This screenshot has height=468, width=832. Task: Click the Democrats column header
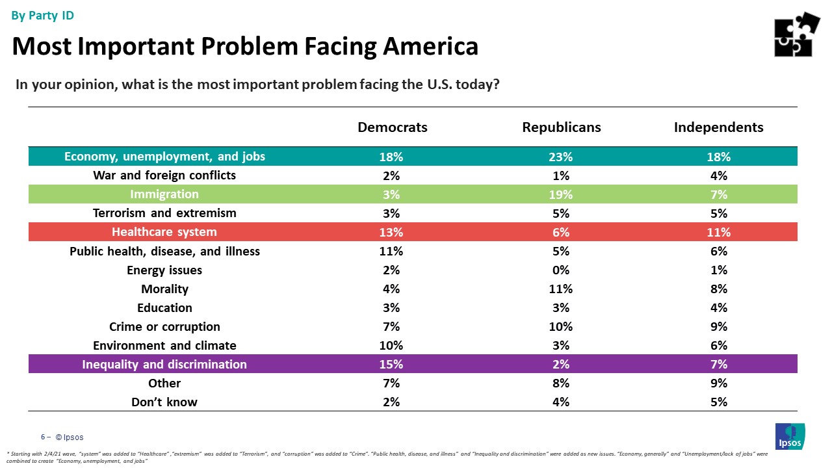pyautogui.click(x=393, y=127)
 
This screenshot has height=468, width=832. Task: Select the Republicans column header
pyautogui.click(x=561, y=127)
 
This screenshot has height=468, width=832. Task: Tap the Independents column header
pyautogui.click(x=718, y=127)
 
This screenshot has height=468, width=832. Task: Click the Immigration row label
pyautogui.click(x=164, y=194)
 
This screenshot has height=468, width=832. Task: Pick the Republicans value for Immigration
pyautogui.click(x=561, y=194)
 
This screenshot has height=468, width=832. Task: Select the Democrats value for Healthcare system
pyautogui.click(x=393, y=232)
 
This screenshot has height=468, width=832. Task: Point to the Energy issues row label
pyautogui.click(x=164, y=270)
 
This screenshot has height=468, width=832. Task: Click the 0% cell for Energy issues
pyautogui.click(x=561, y=270)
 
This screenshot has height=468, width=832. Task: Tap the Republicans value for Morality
pyautogui.click(x=561, y=289)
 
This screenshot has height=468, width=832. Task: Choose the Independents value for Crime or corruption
pyautogui.click(x=718, y=326)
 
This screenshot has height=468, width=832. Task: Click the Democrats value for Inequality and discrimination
pyautogui.click(x=393, y=364)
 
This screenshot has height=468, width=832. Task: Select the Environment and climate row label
pyautogui.click(x=164, y=345)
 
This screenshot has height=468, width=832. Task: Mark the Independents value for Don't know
pyautogui.click(x=718, y=402)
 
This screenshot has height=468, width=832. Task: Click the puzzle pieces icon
pyautogui.click(x=797, y=34)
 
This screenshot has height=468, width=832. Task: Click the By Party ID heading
pyautogui.click(x=43, y=16)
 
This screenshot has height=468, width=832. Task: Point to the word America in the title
pyautogui.click(x=430, y=46)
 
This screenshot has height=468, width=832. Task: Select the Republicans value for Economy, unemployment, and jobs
pyautogui.click(x=561, y=157)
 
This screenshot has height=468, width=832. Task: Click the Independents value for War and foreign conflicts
pyautogui.click(x=718, y=175)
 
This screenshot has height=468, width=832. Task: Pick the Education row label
pyautogui.click(x=164, y=307)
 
